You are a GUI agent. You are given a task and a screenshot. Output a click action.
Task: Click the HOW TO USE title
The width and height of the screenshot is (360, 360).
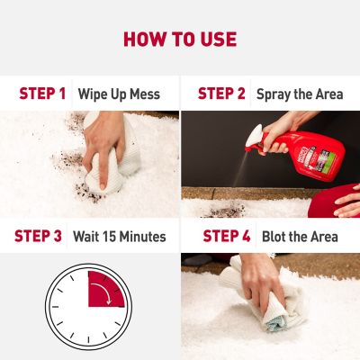coord(180,40)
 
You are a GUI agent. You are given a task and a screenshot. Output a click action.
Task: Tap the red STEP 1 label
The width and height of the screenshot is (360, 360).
coord(42,94)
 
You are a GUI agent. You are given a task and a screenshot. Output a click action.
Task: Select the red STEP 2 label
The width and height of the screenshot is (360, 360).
coord(221,94)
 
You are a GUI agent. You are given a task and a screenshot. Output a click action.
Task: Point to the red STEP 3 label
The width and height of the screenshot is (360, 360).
coord(38,236)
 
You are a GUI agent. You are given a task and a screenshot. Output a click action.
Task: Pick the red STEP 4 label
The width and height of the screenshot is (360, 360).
coord(227,236)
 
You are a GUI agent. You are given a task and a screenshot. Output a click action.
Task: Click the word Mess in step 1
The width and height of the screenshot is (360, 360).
coord(145,94)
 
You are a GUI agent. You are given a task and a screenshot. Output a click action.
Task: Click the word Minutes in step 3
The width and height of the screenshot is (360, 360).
coord(143,237)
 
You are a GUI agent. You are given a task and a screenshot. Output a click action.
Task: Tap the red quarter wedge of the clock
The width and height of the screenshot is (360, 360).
coord(105,290)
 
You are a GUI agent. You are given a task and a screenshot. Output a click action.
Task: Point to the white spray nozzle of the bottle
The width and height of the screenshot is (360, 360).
coord(254,137)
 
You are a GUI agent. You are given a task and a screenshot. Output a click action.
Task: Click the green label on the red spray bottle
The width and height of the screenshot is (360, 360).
coord(335,161)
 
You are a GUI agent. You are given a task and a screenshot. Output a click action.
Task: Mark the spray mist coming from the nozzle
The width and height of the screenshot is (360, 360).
coord(240,168)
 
